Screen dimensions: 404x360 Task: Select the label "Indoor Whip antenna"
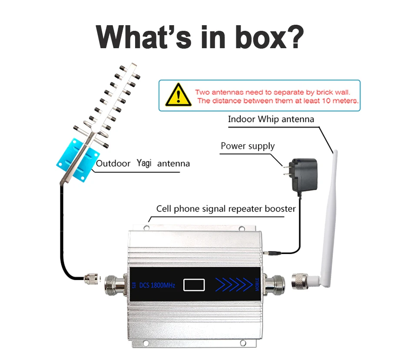(271, 119)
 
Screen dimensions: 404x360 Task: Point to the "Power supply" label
(248, 146)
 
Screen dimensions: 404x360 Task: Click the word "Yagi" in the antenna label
(144, 163)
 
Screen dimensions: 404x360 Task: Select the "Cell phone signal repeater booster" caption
(226, 209)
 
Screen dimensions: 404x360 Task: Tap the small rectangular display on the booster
(194, 285)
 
